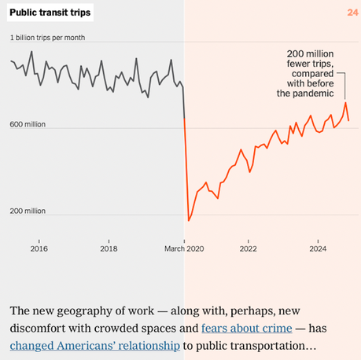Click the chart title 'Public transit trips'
[x=50, y=13]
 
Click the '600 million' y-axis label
[x=28, y=124]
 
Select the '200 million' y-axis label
[x=28, y=211]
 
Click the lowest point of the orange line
[x=188, y=221]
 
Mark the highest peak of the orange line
[x=344, y=103]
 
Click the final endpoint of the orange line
[x=349, y=120]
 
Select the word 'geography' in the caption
[x=94, y=308]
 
